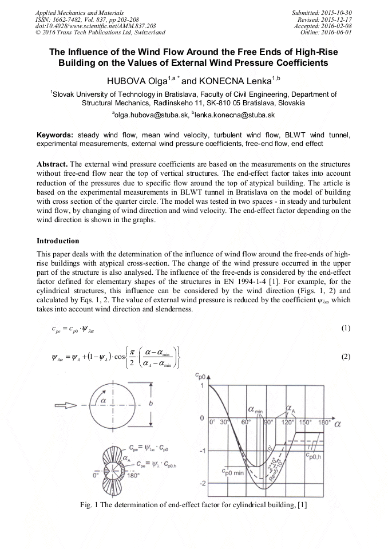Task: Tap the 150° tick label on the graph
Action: tap(307, 422)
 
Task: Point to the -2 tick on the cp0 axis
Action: tap(201, 484)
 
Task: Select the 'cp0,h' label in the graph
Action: tap(314, 456)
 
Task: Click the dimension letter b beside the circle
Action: tap(149, 404)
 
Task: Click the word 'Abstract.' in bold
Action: tap(53, 163)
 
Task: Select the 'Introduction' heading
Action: tap(58, 241)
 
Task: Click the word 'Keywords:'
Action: tap(55, 135)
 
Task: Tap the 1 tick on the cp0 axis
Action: tap(202, 386)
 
